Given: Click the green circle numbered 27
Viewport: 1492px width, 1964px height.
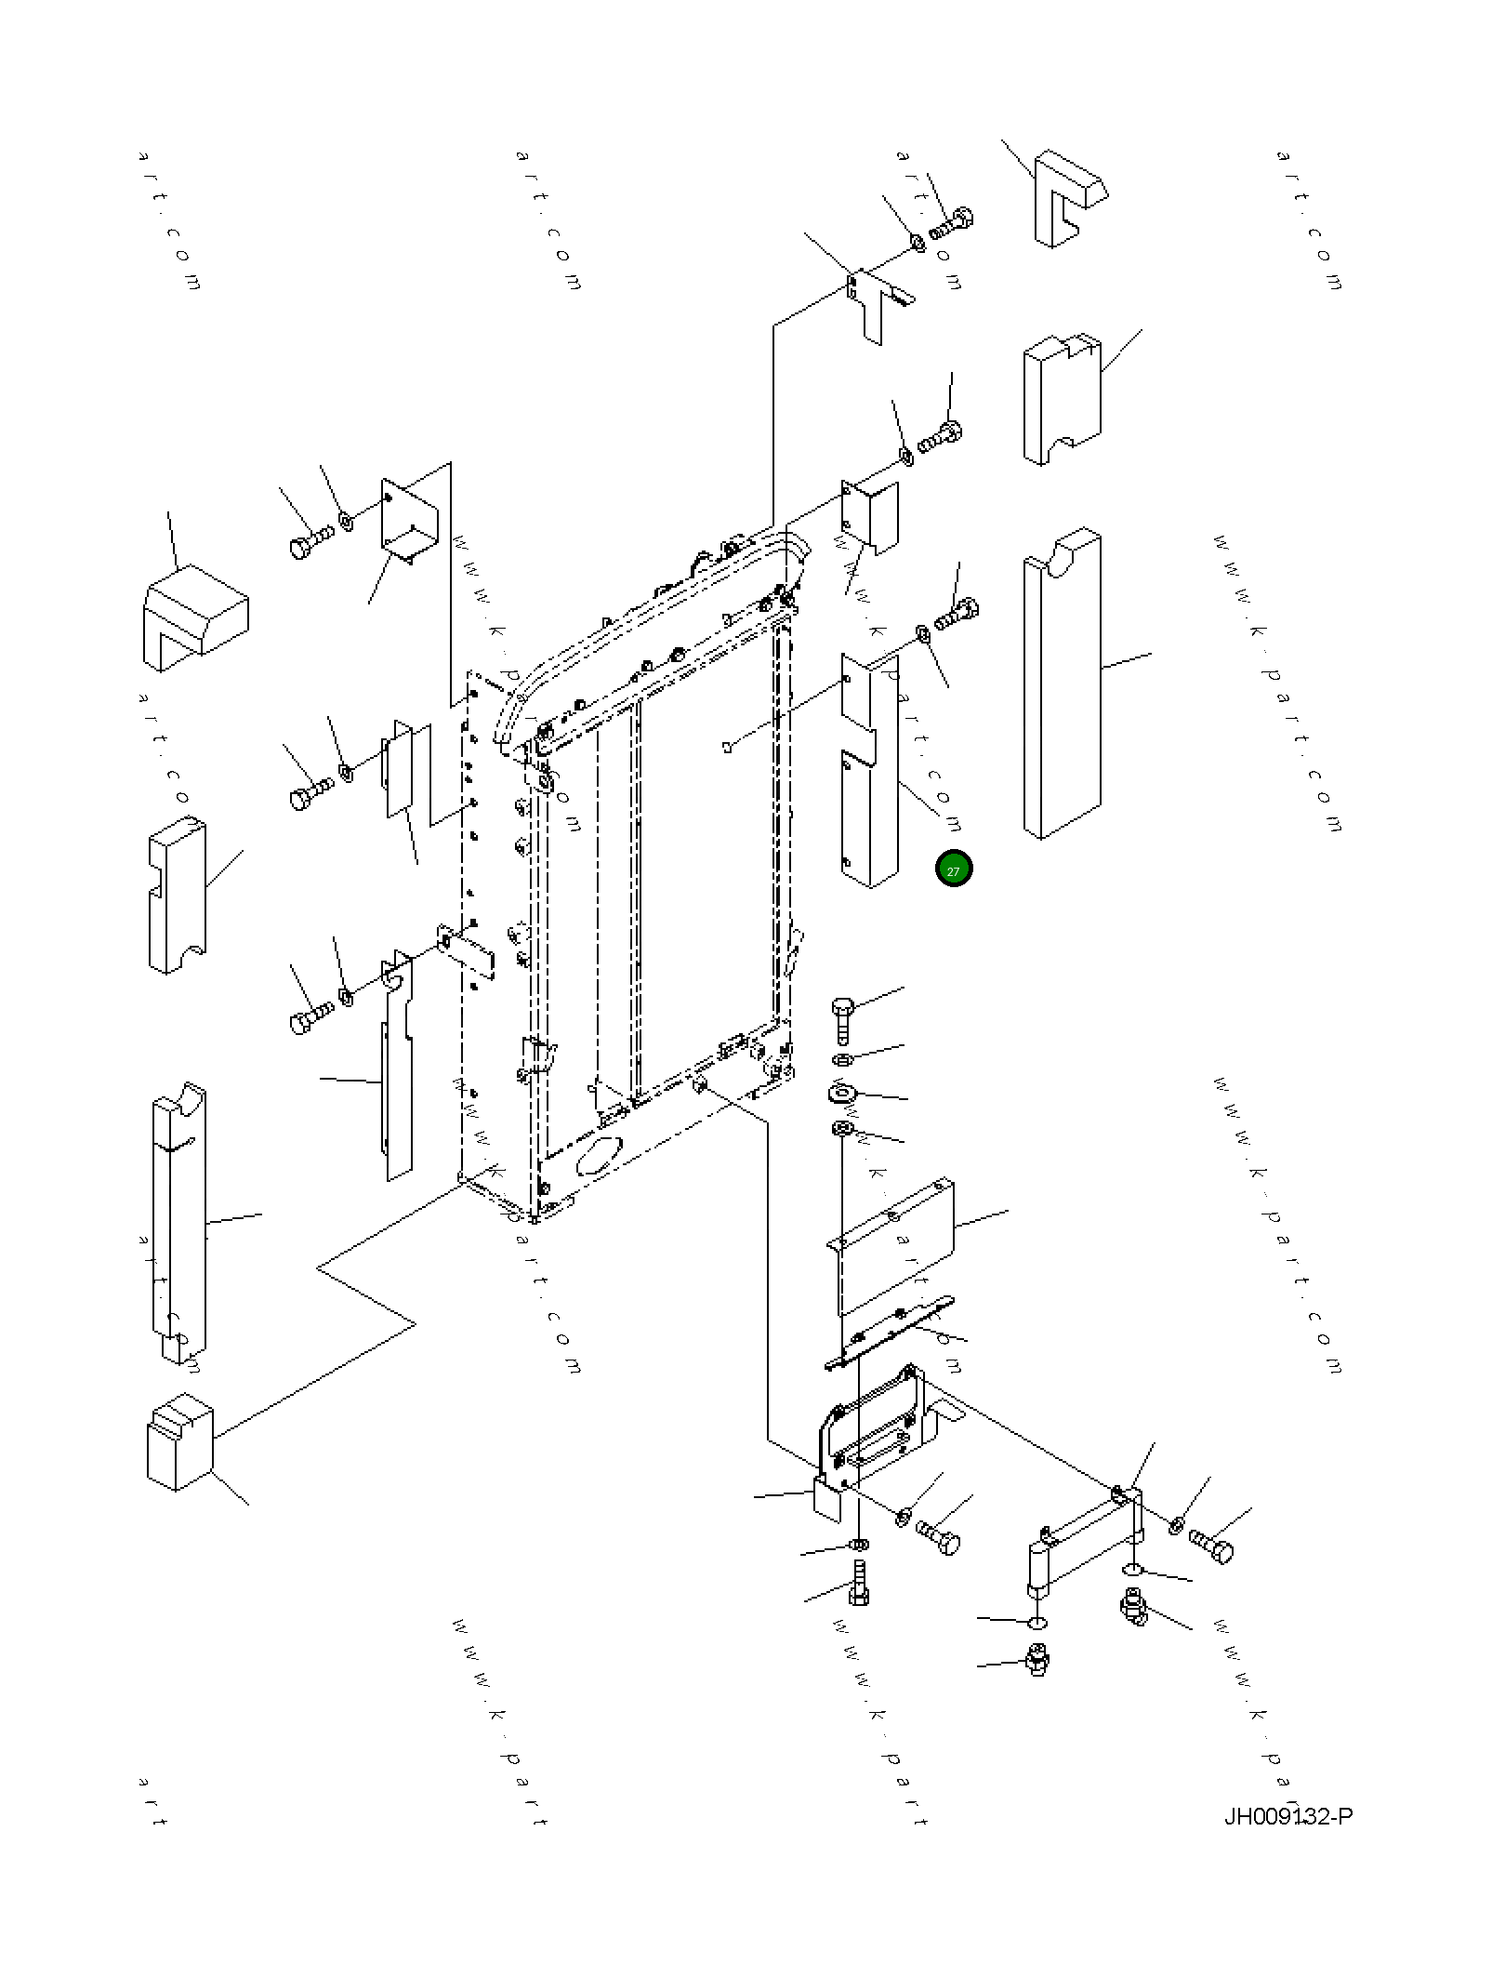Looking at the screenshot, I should tap(953, 869).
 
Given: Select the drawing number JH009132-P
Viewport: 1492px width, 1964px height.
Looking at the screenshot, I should tap(1287, 1816).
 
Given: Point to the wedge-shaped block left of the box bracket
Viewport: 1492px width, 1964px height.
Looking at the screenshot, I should tap(194, 617).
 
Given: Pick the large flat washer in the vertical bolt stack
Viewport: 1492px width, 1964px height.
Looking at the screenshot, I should tap(841, 1093).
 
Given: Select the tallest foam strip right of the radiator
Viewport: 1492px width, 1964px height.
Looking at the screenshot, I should tap(1063, 685).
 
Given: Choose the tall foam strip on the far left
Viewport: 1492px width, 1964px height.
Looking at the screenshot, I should tap(178, 1220).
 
